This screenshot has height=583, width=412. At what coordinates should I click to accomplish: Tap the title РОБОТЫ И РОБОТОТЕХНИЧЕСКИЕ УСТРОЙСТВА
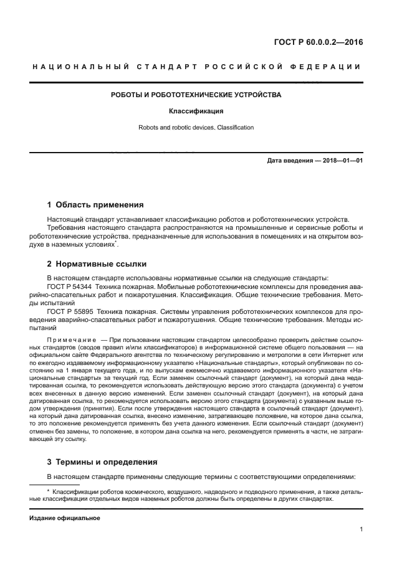pyautogui.click(x=196, y=95)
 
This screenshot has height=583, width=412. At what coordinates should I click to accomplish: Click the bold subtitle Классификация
pyautogui.click(x=196, y=112)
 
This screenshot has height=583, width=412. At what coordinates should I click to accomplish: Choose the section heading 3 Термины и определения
pyautogui.click(x=102, y=462)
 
